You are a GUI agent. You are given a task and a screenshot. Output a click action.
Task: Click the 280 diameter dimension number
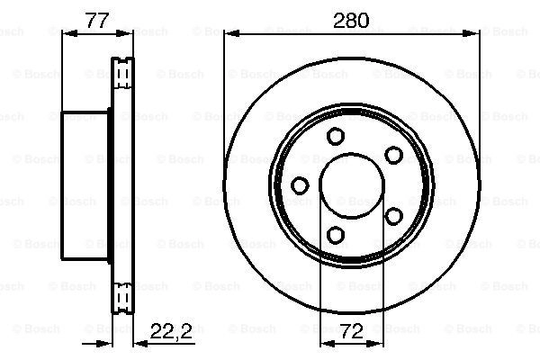tap(351, 21)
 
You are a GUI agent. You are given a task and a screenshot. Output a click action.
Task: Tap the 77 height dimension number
tap(97, 21)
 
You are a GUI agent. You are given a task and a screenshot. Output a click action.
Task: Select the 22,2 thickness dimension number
tap(171, 331)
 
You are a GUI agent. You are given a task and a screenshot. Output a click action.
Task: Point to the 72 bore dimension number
tap(352, 331)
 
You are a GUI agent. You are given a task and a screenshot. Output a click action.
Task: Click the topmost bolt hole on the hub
tap(335, 136)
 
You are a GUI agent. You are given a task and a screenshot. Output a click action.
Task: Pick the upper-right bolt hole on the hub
tap(393, 155)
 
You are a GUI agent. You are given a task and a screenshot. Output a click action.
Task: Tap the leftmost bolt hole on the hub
tap(300, 185)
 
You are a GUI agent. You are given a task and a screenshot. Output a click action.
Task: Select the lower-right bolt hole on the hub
tap(393, 216)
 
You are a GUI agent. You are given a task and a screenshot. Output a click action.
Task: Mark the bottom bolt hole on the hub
tap(335, 235)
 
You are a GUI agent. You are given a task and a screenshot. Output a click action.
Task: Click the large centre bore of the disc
tap(352, 185)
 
